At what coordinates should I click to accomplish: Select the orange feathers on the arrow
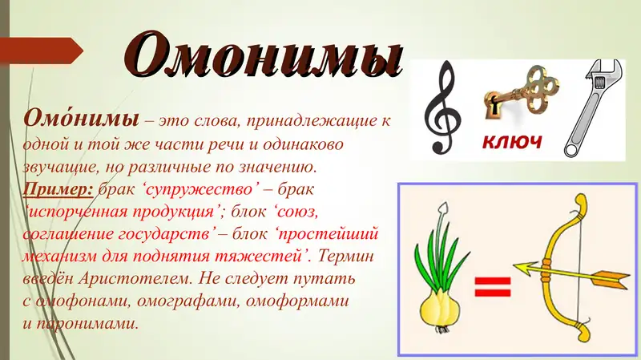click(613, 278)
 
